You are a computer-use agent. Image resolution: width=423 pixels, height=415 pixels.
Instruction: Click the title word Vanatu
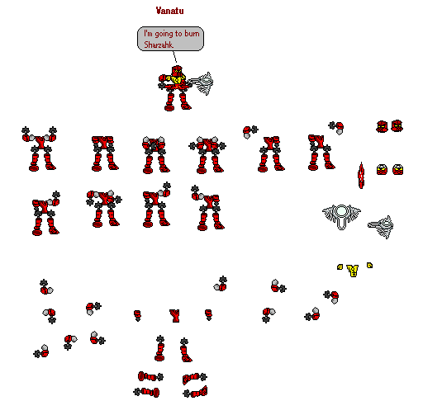(x=169, y=12)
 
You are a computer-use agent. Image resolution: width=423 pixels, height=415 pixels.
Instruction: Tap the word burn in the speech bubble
(x=189, y=34)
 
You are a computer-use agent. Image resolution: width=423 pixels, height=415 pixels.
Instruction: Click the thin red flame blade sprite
(x=361, y=175)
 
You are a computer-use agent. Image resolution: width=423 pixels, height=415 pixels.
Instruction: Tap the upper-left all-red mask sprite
(x=382, y=126)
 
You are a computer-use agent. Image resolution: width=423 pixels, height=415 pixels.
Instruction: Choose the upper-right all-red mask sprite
(x=397, y=126)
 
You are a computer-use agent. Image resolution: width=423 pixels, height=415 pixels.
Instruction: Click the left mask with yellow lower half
(x=382, y=169)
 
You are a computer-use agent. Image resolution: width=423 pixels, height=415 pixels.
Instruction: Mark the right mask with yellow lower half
(x=397, y=169)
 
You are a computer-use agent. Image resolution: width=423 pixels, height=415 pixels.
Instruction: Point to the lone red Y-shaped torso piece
(x=174, y=314)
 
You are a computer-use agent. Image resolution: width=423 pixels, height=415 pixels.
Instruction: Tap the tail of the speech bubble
(x=174, y=58)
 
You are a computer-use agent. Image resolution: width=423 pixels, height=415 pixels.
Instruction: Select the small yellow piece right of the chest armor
(x=369, y=265)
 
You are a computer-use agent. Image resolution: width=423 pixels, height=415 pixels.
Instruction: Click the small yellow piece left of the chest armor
(x=340, y=266)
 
